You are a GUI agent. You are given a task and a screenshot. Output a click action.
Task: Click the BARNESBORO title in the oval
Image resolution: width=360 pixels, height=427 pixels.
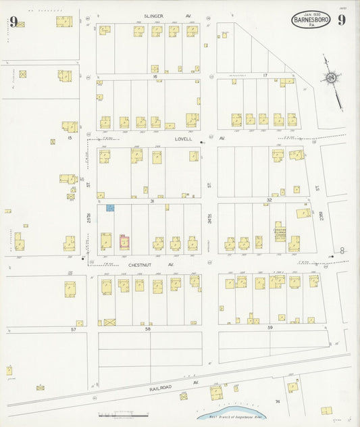[x=311, y=20]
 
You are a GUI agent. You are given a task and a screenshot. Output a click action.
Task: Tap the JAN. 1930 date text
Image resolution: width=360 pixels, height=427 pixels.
[x=311, y=14]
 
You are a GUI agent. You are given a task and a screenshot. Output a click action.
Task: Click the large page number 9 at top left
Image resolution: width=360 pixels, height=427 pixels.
[x=13, y=20]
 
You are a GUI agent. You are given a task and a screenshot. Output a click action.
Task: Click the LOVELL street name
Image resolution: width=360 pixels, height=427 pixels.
[x=183, y=139]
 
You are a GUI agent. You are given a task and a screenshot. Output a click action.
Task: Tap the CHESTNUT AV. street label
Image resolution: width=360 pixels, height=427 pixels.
[x=143, y=266]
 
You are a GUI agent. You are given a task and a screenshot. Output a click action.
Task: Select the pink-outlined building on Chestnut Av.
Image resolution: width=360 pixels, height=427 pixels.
[x=124, y=241]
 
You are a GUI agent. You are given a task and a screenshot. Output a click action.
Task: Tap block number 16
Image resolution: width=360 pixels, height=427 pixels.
[x=155, y=77]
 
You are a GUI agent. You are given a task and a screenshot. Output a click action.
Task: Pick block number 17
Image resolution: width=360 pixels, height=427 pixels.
[x=265, y=75]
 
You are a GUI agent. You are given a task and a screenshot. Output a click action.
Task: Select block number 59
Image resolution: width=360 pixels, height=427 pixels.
[x=269, y=328]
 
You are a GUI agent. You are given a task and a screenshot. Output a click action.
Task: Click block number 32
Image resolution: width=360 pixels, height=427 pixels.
[x=268, y=200]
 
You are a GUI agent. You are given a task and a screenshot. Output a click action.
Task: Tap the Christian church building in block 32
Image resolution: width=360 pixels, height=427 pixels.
[x=280, y=232]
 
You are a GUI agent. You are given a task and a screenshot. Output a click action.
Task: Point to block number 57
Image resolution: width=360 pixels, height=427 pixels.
[x=73, y=328]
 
